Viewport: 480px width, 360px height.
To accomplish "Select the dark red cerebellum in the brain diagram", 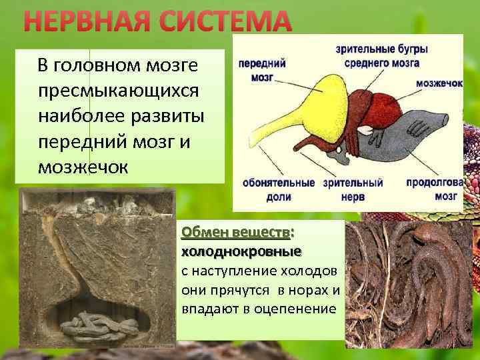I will [x=383, y=107].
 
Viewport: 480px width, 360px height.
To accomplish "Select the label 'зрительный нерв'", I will [x=353, y=189].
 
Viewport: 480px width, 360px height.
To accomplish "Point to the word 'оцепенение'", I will [x=301, y=310].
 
